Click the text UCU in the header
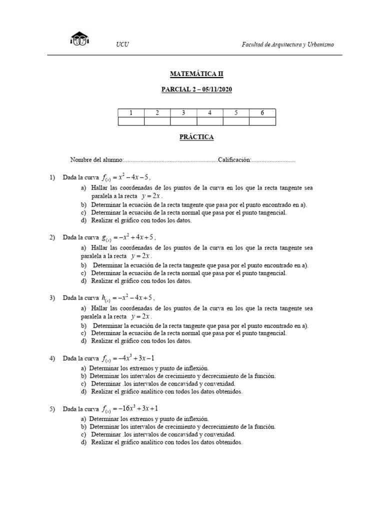click(x=122, y=44)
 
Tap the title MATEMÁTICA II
click(x=196, y=74)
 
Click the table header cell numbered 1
click(x=131, y=113)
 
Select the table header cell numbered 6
click(x=262, y=113)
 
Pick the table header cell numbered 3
click(x=183, y=113)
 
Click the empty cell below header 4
click(x=209, y=121)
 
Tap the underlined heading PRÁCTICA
click(x=196, y=136)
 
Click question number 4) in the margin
click(x=51, y=358)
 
